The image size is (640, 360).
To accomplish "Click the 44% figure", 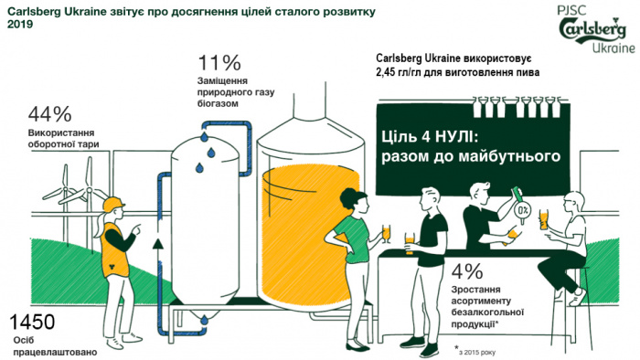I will (50, 115).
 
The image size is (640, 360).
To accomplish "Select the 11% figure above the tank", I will (219, 63).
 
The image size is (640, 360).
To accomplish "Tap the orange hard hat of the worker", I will (112, 203).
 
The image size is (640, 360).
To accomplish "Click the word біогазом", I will (219, 103).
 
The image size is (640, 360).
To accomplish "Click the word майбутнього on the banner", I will (512, 158).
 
